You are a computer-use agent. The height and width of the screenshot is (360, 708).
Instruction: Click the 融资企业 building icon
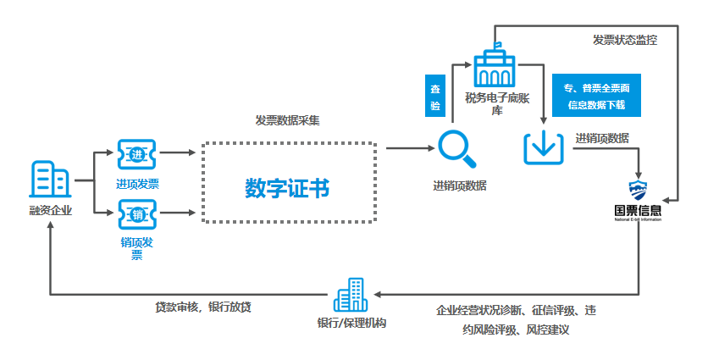(x=50, y=179)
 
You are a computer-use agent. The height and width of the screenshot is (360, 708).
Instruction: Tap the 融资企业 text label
(x=50, y=210)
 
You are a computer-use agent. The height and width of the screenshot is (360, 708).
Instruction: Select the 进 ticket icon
(x=137, y=154)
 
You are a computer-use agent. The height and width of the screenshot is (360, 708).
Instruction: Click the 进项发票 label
(x=137, y=184)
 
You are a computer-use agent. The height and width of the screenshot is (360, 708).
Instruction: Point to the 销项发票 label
(x=136, y=249)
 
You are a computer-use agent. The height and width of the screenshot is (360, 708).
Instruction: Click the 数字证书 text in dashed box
(x=287, y=187)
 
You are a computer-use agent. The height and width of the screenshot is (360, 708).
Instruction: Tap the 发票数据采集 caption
(x=287, y=120)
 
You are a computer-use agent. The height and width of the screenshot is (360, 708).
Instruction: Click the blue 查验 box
(x=435, y=96)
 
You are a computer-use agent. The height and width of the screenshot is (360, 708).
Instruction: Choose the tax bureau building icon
(x=498, y=64)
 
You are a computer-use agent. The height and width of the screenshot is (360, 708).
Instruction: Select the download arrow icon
(x=543, y=147)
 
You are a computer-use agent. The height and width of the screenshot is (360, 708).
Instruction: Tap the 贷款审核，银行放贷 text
(x=202, y=307)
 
